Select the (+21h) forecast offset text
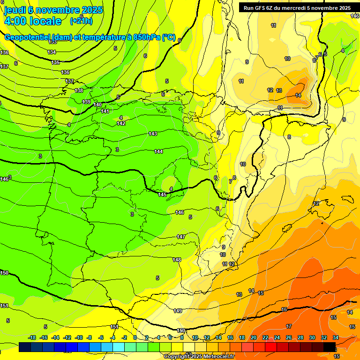click(x=81, y=21)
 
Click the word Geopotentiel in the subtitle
click(x=27, y=37)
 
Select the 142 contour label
click(x=121, y=123)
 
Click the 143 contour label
click(x=153, y=134)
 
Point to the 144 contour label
click(x=158, y=151)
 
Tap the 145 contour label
click(x=162, y=195)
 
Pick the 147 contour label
click(x=181, y=237)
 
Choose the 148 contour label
click(x=177, y=260)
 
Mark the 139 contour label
click(x=86, y=102)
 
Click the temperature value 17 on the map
click(x=289, y=326)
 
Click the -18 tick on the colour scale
click(x=32, y=337)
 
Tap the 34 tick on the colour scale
click(x=336, y=337)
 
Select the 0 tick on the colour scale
click(x=135, y=337)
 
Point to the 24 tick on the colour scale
click(x=277, y=337)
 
